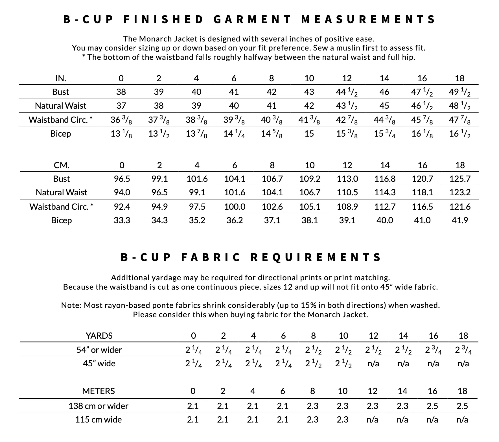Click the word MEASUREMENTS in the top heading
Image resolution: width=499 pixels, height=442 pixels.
click(368, 19)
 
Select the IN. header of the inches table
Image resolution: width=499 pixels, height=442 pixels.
click(61, 78)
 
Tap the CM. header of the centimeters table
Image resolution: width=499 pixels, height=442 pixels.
click(62, 165)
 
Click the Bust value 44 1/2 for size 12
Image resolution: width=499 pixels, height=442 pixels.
click(347, 92)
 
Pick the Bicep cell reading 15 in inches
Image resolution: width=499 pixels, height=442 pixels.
click(309, 134)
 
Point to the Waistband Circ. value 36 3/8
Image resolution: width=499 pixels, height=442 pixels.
click(121, 120)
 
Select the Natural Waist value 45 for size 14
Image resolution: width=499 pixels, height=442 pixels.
click(384, 106)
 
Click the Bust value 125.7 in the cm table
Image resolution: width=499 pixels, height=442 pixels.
click(460, 179)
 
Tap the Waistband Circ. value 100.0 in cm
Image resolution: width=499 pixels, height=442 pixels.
click(235, 207)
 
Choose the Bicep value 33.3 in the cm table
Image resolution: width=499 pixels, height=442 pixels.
click(122, 220)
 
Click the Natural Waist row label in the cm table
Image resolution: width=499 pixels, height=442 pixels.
click(62, 192)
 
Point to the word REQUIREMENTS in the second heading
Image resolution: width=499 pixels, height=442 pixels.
click(316, 257)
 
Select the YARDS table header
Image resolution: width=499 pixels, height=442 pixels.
click(99, 336)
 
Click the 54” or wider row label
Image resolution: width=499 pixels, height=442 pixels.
click(99, 350)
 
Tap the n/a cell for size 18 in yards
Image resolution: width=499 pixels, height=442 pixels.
click(463, 363)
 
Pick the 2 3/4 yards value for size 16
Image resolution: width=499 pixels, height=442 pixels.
click(433, 350)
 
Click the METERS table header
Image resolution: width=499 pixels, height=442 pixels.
click(99, 391)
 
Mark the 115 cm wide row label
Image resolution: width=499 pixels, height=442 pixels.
click(99, 419)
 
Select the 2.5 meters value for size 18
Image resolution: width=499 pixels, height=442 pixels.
click(462, 406)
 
